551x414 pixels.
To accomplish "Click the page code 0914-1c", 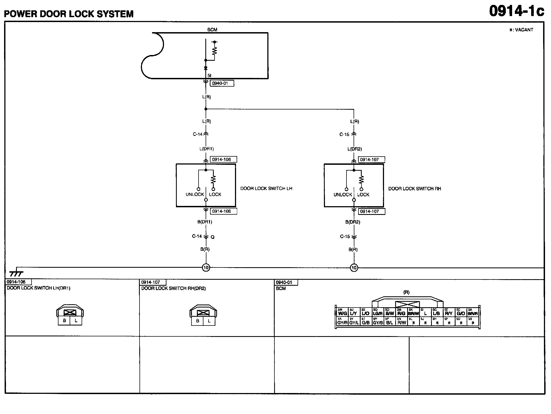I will click(516, 11).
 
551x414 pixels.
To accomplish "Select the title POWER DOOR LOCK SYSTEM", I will click(69, 14).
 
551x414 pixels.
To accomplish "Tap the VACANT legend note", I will click(521, 30).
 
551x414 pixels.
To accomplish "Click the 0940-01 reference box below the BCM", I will click(221, 83).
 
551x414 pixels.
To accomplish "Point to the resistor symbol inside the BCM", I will click(215, 51).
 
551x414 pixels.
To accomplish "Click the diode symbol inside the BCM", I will click(206, 68).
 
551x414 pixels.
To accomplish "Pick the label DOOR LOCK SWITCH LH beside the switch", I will click(266, 188).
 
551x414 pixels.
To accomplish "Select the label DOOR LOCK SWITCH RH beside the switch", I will click(414, 189).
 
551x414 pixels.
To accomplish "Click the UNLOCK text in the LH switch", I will click(195, 194).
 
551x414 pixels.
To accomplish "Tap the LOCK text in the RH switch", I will click(363, 195).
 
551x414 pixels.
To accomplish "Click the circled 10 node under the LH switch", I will click(206, 268).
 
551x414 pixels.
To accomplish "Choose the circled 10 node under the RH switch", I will click(354, 268).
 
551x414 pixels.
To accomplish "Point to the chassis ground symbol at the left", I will click(16, 273).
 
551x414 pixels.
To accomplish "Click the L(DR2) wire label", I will click(355, 149).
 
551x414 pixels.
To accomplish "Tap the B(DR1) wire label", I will click(205, 222).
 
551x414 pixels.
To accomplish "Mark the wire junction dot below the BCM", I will click(206, 109).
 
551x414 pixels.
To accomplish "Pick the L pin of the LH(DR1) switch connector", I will click(76, 321).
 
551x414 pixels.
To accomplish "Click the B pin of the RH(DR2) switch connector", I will click(197, 321).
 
